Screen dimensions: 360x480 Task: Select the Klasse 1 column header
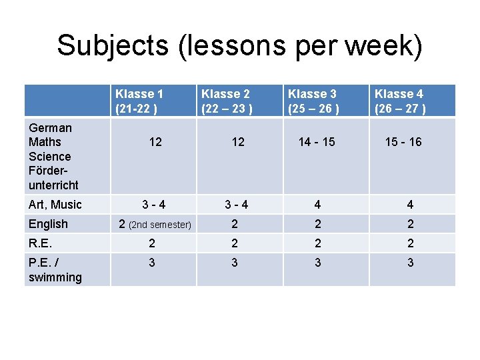[x=139, y=101]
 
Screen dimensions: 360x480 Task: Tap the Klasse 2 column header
[x=227, y=101]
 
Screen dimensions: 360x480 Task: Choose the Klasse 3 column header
[x=313, y=101]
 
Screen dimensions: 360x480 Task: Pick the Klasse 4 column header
[x=400, y=101]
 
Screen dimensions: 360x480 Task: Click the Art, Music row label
[x=55, y=205]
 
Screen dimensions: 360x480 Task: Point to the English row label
[x=49, y=224]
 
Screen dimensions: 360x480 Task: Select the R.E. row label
[x=40, y=243]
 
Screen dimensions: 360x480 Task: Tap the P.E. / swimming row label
[x=55, y=269]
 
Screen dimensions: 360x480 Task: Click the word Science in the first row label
[x=50, y=157]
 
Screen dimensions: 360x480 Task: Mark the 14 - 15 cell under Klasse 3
[x=317, y=142]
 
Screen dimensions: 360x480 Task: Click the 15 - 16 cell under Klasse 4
[x=403, y=142]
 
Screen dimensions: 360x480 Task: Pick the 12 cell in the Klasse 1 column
[x=155, y=142]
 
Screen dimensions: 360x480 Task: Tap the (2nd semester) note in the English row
[x=160, y=225]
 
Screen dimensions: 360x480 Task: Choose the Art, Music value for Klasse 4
[x=410, y=205]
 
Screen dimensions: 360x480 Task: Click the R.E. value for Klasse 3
[x=317, y=243]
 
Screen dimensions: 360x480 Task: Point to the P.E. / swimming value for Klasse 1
[x=152, y=263]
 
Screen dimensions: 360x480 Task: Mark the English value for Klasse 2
[x=234, y=224]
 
